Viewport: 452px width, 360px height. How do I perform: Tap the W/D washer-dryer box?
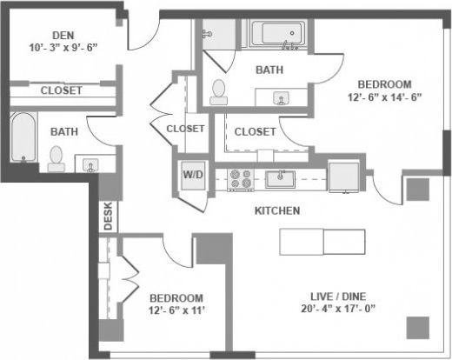[x=191, y=174]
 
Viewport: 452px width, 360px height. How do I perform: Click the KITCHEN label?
[x=277, y=211]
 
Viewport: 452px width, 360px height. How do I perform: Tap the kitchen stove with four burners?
[x=240, y=179]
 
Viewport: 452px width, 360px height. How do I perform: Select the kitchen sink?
[x=280, y=179]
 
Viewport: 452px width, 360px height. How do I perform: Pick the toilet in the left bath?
[x=57, y=157]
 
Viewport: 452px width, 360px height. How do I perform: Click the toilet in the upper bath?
[x=218, y=90]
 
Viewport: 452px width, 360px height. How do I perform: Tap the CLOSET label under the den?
[x=61, y=90]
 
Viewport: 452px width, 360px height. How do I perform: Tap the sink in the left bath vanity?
[x=89, y=162]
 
